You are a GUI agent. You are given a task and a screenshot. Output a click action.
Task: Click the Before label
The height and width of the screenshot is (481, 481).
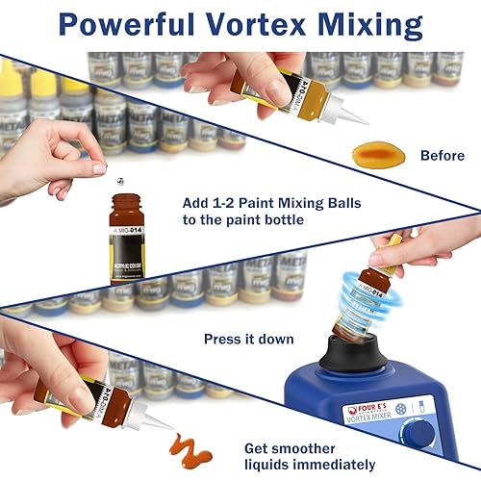pos(441,155)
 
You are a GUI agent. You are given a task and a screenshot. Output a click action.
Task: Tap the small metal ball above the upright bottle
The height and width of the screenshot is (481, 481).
pos(99,168)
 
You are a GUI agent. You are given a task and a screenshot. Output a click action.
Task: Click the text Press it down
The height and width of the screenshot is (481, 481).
pos(249,339)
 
